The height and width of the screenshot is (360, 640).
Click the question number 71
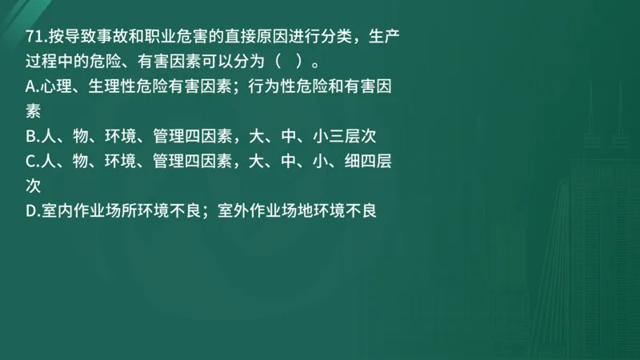35,36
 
